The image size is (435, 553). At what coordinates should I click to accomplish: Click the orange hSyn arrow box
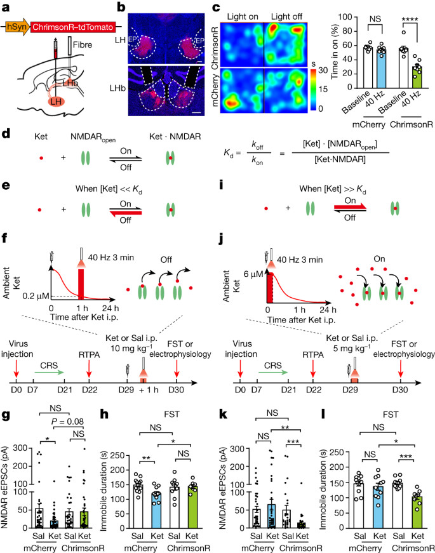(17, 27)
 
